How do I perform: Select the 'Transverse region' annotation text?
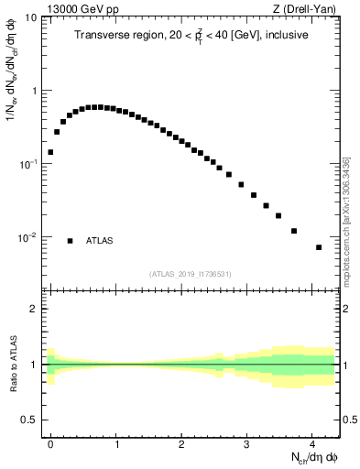(191, 36)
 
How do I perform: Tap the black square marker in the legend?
(70, 241)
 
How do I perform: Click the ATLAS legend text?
(100, 241)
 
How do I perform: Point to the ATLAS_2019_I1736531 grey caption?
(191, 274)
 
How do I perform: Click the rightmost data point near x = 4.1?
(319, 247)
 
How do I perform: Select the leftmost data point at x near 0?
(50, 152)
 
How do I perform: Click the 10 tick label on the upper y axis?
(31, 18)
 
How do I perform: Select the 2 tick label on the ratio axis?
(35, 309)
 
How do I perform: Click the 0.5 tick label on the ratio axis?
(30, 420)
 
